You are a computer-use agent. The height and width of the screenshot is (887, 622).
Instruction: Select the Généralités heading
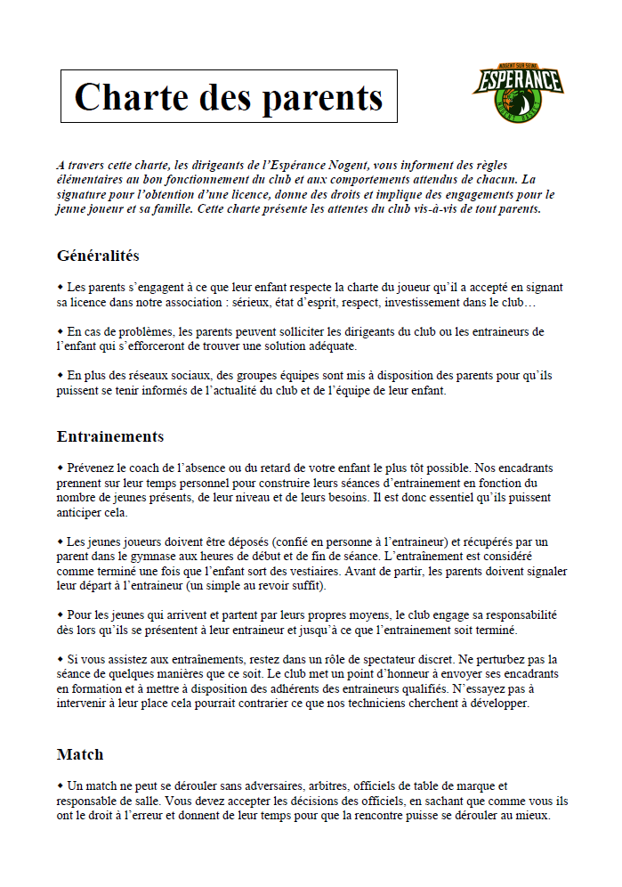[x=98, y=256]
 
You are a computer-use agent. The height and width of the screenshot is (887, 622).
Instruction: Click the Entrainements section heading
[x=110, y=436]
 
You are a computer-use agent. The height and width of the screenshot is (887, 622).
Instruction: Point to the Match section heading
[x=80, y=754]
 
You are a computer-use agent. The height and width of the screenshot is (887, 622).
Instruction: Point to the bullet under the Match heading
[x=61, y=785]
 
